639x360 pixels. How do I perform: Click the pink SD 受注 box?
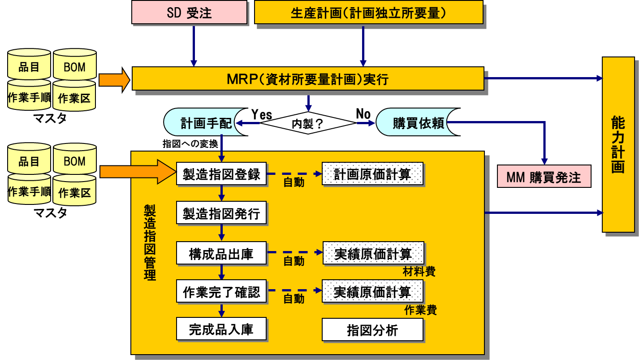pos(189,13)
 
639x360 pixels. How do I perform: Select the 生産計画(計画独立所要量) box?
pos(368,13)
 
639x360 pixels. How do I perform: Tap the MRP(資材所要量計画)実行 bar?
pos(307,79)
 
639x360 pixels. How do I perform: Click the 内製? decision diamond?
pos(307,123)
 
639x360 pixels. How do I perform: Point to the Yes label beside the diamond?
pos(261,114)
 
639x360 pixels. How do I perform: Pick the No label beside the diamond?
pos(363,114)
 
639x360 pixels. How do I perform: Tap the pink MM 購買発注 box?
pos(544,177)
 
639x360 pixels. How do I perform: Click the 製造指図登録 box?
pos(221,173)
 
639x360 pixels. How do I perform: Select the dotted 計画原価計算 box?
pos(372,173)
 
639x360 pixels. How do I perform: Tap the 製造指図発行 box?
pos(221,214)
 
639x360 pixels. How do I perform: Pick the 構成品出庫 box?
pos(221,254)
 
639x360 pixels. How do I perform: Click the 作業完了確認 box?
pos(221,292)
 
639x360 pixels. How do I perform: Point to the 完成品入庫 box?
pos(221,330)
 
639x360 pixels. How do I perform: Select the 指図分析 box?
pos(372,330)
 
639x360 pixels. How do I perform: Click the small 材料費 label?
pos(419,271)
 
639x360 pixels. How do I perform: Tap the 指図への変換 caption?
pos(190,144)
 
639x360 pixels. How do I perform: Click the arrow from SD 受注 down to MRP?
pos(194,45)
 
